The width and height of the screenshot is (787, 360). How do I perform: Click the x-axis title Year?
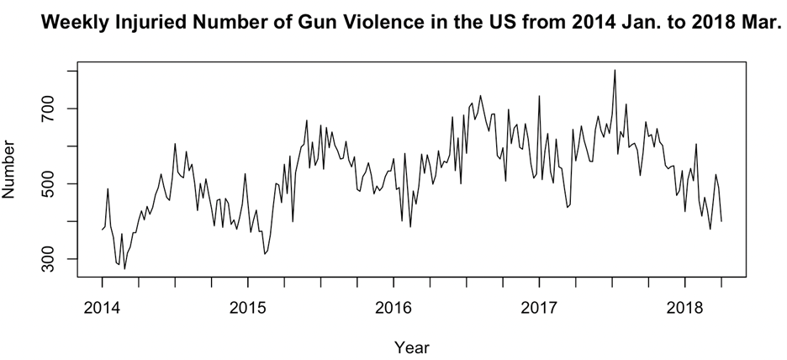click(412, 345)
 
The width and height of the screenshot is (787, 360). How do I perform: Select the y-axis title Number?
click(12, 169)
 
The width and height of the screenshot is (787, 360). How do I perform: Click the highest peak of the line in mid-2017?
click(615, 70)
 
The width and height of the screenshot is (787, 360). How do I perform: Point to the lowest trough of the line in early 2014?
click(124, 268)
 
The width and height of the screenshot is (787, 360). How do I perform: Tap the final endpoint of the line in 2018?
click(721, 220)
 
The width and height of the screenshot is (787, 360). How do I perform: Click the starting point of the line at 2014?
click(102, 229)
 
